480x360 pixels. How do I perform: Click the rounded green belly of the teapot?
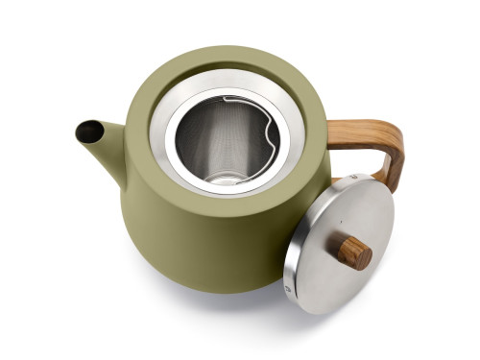click(192, 250)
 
